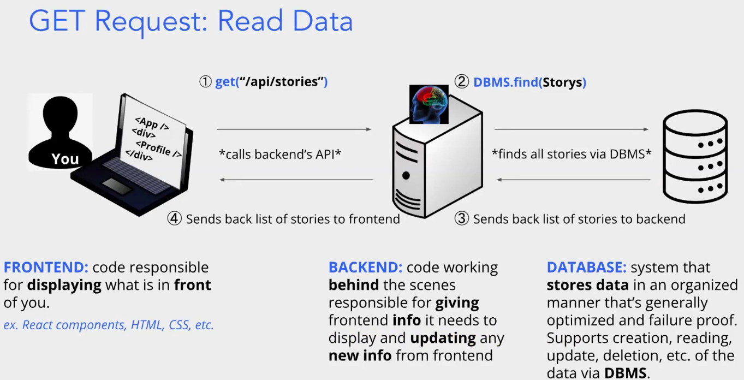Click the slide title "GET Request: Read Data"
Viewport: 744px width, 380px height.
tap(191, 22)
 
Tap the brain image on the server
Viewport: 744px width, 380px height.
tap(428, 104)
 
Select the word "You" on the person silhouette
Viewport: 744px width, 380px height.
tap(65, 159)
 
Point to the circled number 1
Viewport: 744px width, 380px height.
tap(205, 82)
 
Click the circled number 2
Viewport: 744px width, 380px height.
tap(462, 82)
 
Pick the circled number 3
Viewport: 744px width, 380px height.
tap(462, 219)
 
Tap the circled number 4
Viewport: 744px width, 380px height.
tap(175, 219)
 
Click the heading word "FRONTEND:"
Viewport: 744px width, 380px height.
tap(46, 268)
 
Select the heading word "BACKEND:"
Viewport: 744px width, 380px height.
tap(365, 268)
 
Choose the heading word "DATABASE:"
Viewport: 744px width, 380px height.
tap(586, 268)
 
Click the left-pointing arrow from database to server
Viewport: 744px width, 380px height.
tap(573, 180)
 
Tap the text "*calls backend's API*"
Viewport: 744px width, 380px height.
tap(280, 155)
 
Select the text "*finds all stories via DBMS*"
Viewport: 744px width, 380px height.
tap(572, 155)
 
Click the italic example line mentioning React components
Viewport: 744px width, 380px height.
tap(109, 325)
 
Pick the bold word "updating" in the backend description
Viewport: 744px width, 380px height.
tap(443, 338)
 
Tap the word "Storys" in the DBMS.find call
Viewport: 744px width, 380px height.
tap(562, 82)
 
